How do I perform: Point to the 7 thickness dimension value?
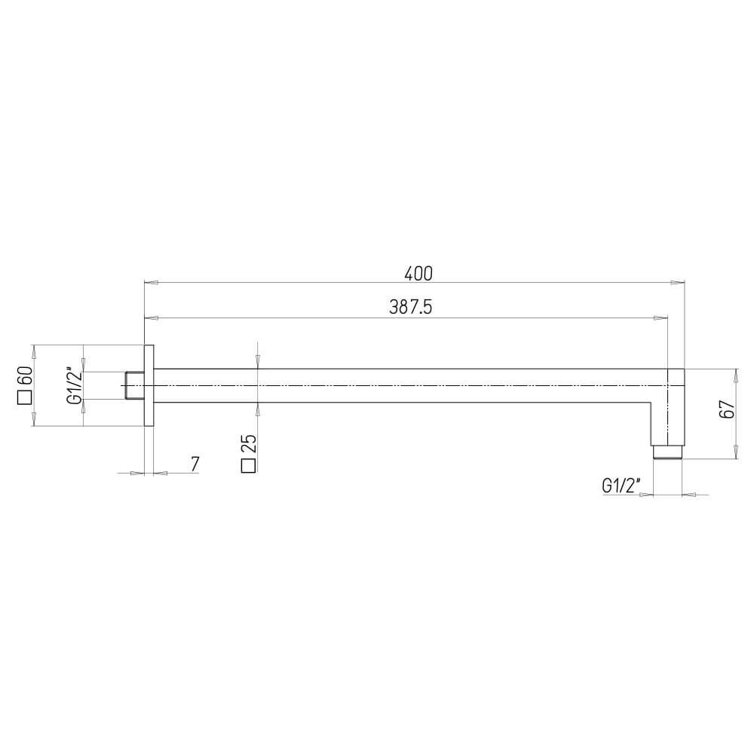coord(195,464)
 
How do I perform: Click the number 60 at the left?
coord(23,375)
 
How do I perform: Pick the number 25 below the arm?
coord(248,443)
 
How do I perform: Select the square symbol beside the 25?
coord(248,466)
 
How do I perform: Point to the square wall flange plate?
coord(149,385)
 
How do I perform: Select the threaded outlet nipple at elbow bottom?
coord(667,452)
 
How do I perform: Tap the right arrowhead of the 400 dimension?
coord(679,284)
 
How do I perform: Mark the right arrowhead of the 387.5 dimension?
coord(662,317)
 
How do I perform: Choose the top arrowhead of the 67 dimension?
coord(736,375)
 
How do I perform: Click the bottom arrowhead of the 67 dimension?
coord(736,454)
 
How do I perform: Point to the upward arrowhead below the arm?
coord(258,408)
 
